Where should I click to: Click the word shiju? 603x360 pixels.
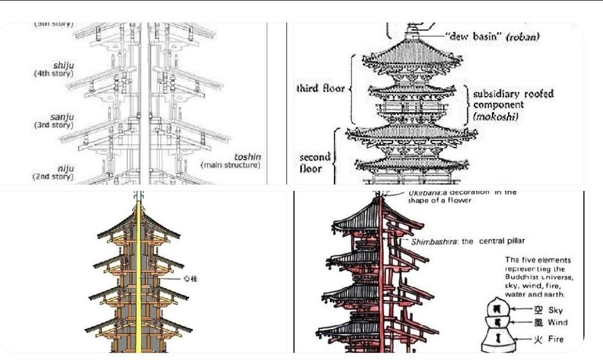coord(63,65)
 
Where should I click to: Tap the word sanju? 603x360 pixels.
coord(63,117)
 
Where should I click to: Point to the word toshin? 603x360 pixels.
coord(247,157)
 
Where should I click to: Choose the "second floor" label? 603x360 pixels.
coord(315,162)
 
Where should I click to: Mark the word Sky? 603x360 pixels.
coord(556,310)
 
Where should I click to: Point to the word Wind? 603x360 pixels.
coord(557,323)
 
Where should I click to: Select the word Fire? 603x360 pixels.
coord(556,339)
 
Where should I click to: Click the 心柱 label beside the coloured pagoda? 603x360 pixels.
coord(190,277)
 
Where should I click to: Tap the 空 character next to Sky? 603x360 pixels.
coord(538,310)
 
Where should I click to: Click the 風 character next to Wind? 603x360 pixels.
coord(538,323)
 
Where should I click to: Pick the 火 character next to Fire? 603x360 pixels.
coord(538,339)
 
